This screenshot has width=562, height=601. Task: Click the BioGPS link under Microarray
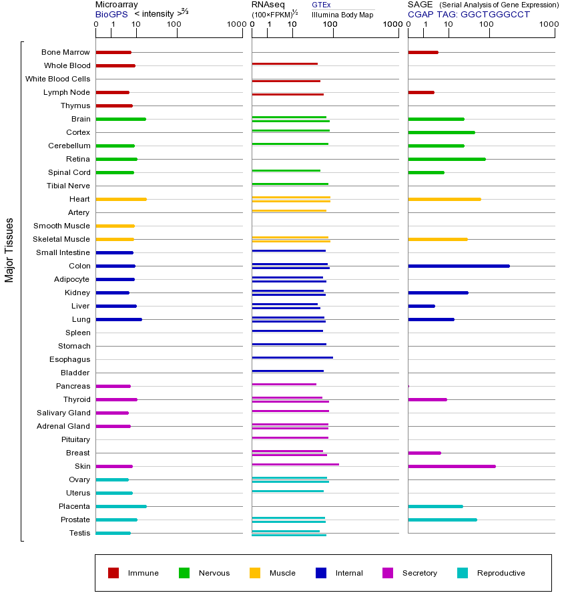(x=111, y=13)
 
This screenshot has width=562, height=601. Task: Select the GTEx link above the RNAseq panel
(x=321, y=5)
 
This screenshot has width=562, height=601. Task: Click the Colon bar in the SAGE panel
(x=459, y=266)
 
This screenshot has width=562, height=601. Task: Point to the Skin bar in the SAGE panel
(x=451, y=466)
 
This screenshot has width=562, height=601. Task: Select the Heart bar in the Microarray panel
(x=121, y=199)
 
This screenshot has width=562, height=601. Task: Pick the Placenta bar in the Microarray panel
(x=121, y=506)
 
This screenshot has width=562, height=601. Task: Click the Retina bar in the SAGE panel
(x=447, y=159)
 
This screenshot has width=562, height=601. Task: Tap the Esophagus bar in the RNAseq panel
(x=292, y=358)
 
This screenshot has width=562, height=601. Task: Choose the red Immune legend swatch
(x=113, y=573)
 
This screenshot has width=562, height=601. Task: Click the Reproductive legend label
(x=501, y=573)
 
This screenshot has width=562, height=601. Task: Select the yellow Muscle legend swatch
(x=255, y=573)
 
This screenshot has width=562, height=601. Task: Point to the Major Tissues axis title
(x=9, y=250)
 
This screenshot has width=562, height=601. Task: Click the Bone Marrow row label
(x=65, y=52)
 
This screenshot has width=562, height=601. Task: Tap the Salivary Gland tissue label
(x=63, y=413)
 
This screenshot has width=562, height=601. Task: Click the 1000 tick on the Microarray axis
(x=235, y=25)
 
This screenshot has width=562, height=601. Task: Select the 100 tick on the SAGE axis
(x=487, y=25)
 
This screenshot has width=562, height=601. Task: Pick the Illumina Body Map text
(x=342, y=13)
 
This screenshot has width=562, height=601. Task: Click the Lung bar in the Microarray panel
(x=119, y=319)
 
